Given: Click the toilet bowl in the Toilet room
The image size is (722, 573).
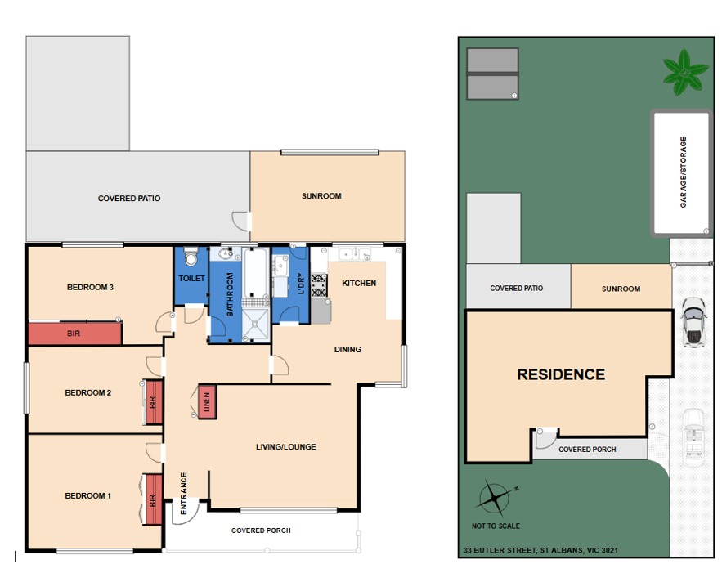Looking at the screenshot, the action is point(191,256).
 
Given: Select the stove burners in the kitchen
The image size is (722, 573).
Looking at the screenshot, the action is point(319,285).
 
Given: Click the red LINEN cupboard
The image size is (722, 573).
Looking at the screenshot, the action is point(207,402).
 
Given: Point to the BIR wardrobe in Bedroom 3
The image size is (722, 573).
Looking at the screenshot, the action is point(75,334).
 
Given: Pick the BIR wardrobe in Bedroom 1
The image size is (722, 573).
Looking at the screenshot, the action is point(154,499).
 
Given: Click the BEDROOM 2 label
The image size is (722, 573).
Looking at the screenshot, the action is point(88,392).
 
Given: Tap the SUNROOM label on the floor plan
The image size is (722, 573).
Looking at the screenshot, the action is point(321,196).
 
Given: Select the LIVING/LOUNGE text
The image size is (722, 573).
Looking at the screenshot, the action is point(286,446).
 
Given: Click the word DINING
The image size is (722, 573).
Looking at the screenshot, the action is point(348,349).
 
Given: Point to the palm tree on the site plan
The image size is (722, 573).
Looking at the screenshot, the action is point(684,72).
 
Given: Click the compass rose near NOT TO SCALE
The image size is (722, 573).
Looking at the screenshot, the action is point(495,498).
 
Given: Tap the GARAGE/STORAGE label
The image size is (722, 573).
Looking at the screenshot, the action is point(684,172).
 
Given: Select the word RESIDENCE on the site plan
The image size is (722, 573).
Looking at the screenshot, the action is point(561,374).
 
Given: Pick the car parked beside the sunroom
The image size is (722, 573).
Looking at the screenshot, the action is point(693,322).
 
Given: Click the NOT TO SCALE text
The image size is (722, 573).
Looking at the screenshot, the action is point(496,526).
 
